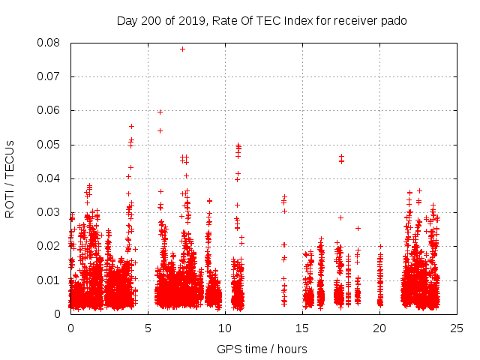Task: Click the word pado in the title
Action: (394, 21)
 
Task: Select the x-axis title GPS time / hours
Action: (262, 349)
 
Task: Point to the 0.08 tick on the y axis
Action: (50, 43)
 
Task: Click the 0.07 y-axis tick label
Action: (50, 76)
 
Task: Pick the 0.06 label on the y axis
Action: (50, 110)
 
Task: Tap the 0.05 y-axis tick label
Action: (50, 144)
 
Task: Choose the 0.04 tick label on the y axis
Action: (50, 178)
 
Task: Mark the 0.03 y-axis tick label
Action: (50, 212)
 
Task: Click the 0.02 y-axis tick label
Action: (50, 246)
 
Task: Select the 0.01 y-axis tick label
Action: (50, 280)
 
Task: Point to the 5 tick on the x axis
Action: (148, 328)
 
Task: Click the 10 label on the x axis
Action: (225, 328)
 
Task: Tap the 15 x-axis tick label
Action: (302, 328)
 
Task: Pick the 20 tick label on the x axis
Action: (379, 328)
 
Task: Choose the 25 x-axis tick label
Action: (457, 328)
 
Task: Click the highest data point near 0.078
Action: (182, 49)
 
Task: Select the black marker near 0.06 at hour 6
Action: (160, 112)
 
